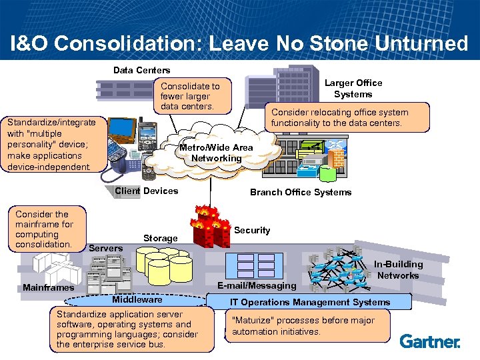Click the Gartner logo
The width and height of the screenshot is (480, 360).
pos(430,341)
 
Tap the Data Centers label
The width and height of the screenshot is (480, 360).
pos(141,70)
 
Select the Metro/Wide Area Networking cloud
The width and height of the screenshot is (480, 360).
pos(216,153)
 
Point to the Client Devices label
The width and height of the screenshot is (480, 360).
pos(146,191)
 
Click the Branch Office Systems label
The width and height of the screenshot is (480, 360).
pos(300,192)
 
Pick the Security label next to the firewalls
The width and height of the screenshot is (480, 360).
pos(252,230)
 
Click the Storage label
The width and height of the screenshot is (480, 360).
pos(160,238)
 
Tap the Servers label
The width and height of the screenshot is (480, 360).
pos(105,248)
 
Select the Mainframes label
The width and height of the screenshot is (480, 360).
pos(48,287)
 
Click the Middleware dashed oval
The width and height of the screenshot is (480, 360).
pos(137,300)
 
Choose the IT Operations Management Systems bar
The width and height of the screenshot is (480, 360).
pos(310,302)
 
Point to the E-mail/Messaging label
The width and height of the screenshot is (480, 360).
pos(257,285)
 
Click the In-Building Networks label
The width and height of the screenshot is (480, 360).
pos(398,269)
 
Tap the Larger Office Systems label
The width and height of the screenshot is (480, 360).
pos(353,88)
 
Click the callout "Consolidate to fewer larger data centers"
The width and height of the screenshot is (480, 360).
pos(190,96)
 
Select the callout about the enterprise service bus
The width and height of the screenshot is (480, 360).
pos(127,329)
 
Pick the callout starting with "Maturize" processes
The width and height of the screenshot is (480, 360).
pos(307,326)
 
